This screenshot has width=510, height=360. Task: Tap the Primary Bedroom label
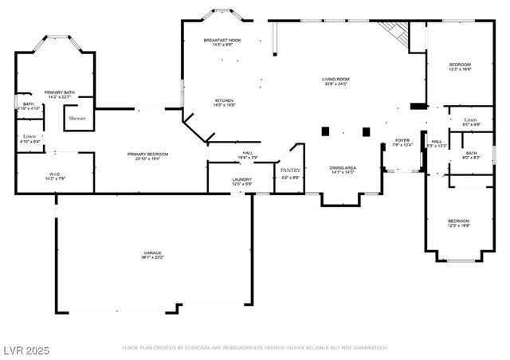pyautogui.click(x=148, y=154)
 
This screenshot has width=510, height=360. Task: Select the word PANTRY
pyautogui.click(x=290, y=170)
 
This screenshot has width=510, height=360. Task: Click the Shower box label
pyautogui.click(x=77, y=118)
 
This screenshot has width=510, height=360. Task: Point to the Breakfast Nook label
pyautogui.click(x=222, y=40)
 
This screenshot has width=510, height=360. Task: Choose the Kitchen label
pyautogui.click(x=223, y=100)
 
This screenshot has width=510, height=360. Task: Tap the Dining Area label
pyautogui.click(x=343, y=167)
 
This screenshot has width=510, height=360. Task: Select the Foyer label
pyautogui.click(x=402, y=140)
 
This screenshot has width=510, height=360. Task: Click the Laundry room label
pyautogui.click(x=242, y=180)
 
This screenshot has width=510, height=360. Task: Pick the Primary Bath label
pyautogui.click(x=59, y=92)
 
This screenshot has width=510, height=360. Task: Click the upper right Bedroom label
pyautogui.click(x=460, y=65)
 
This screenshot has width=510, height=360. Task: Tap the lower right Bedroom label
pyautogui.click(x=458, y=221)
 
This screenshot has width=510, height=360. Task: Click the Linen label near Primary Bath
pyautogui.click(x=29, y=136)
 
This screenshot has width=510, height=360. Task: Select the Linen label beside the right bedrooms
pyautogui.click(x=470, y=120)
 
